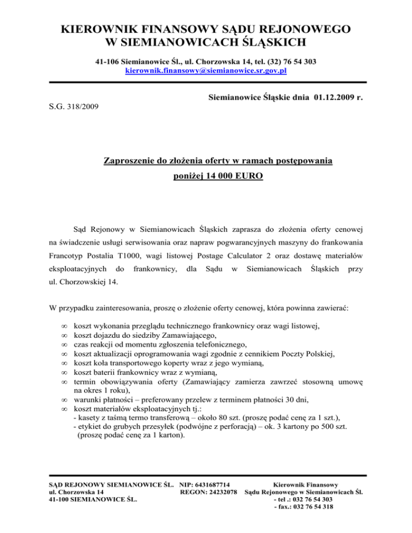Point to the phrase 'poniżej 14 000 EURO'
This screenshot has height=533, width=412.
coord(206,175)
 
